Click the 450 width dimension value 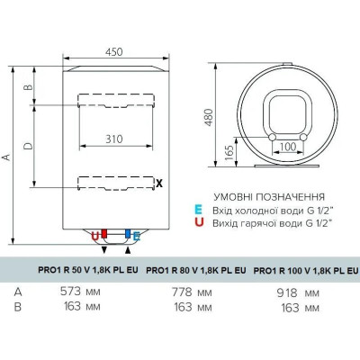click(114, 52)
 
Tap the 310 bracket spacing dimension click(114, 139)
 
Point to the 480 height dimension click(209, 117)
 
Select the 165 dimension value click(229, 153)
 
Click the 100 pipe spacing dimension click(288, 147)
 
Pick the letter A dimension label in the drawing click(6, 157)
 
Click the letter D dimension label click(28, 146)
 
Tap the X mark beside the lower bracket click(159, 183)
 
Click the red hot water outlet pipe click(104, 234)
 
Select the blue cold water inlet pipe click(128, 234)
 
